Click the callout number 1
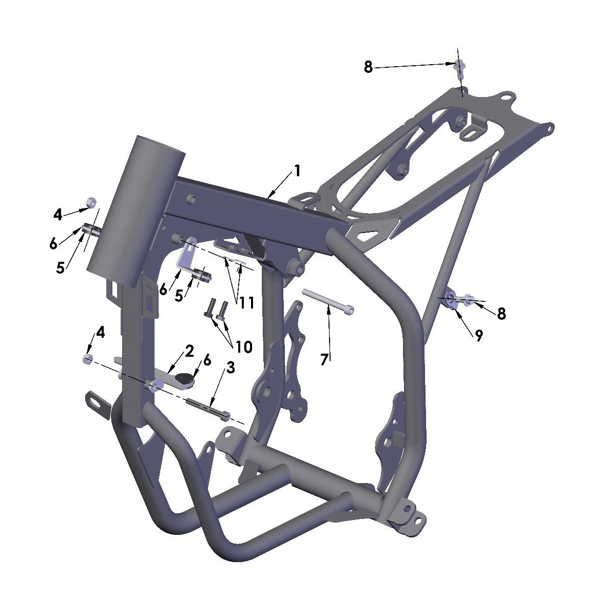297,170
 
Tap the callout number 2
189,351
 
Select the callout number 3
230,368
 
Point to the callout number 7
324,359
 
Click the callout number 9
478,336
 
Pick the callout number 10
244,347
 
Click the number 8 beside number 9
502,313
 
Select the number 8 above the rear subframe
368,67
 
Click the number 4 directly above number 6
57,214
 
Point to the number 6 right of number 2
207,360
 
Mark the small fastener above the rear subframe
459,65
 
